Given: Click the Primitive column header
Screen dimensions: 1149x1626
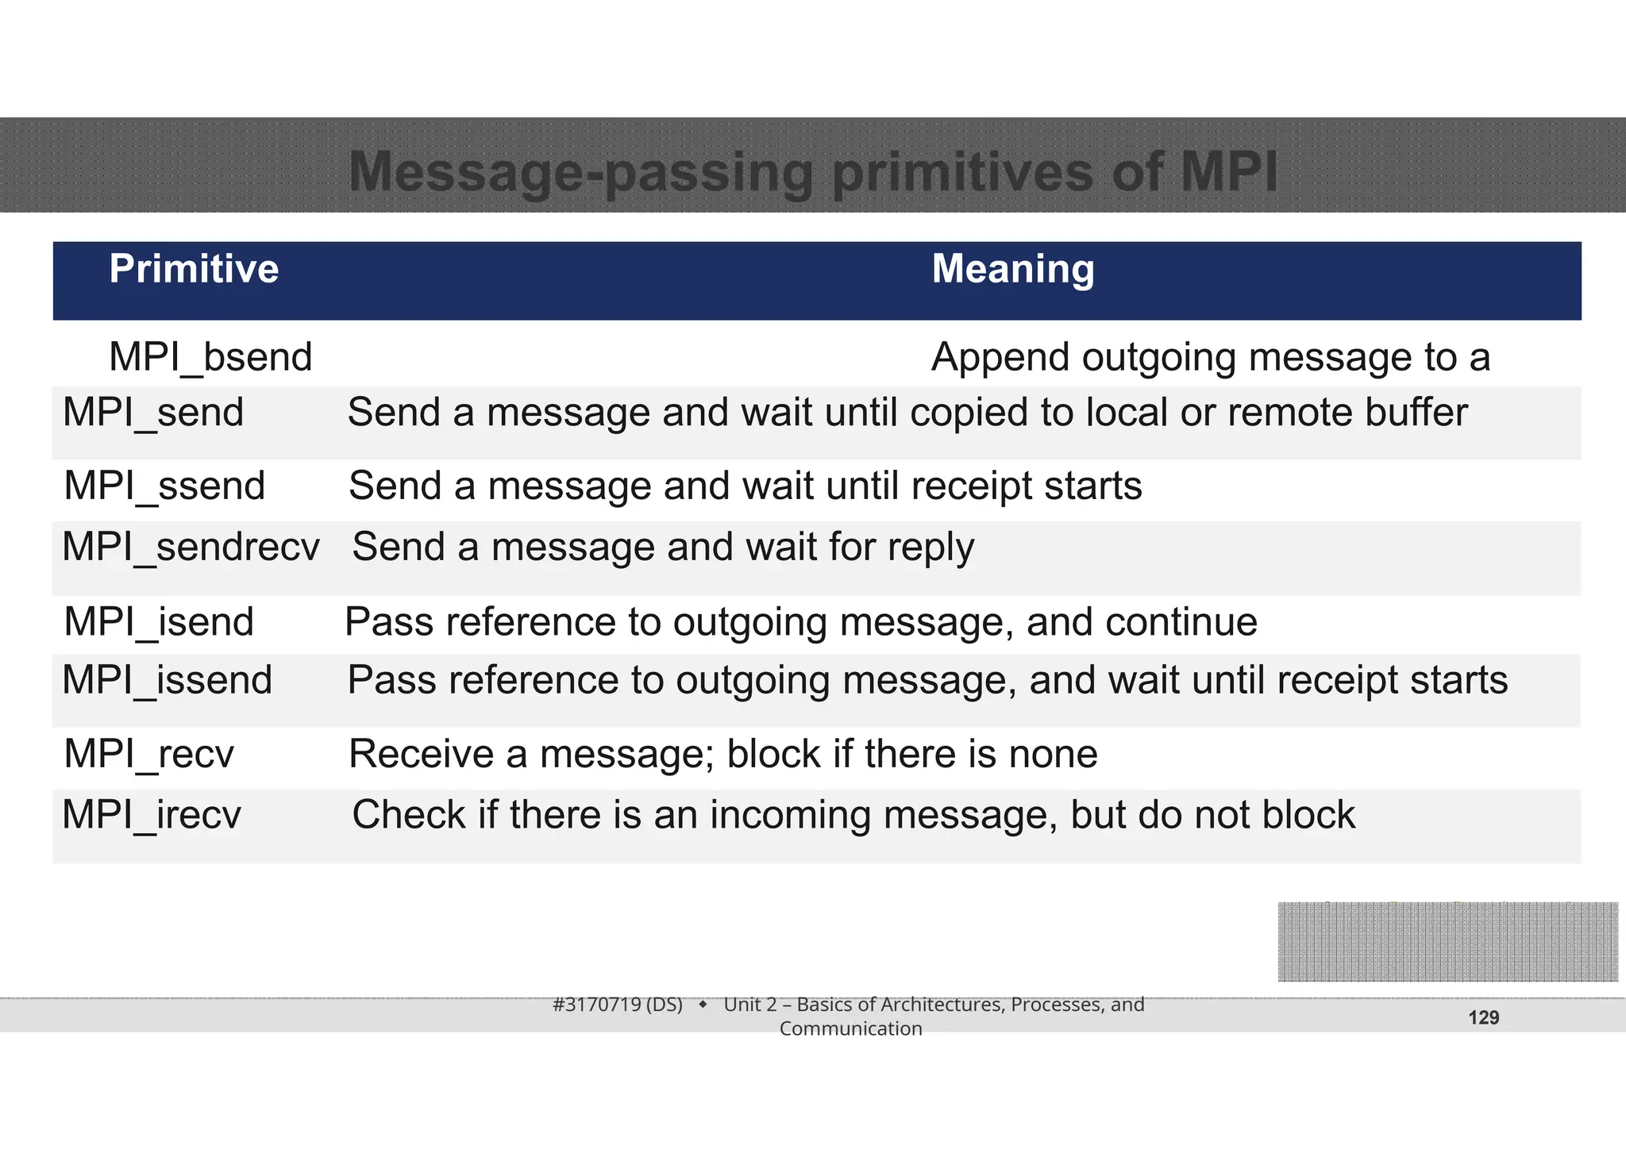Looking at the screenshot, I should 194,269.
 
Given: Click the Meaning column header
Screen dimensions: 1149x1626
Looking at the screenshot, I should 1012,269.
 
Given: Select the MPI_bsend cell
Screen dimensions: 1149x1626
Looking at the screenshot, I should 210,357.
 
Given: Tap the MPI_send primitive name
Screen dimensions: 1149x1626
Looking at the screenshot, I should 152,413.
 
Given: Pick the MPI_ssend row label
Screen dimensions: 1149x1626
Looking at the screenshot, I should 164,486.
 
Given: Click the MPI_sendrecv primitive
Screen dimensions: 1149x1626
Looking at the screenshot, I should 191,547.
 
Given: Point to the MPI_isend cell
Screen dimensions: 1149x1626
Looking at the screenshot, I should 159,621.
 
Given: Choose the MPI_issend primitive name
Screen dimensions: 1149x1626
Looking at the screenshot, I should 167,680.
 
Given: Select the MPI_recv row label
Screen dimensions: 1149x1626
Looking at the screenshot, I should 148,753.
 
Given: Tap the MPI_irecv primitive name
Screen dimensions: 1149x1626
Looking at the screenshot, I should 151,815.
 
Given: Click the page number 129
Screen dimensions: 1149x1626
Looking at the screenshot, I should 1483,1018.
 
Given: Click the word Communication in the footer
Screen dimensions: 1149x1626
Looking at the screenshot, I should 850,1028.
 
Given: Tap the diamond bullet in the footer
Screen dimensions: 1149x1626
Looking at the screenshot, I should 703,1005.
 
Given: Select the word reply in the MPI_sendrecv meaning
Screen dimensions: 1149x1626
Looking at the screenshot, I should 931,548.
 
